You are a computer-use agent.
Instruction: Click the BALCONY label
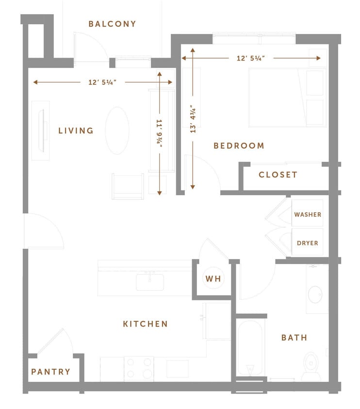tap(112, 24)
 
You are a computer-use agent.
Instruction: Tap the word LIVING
tap(76, 131)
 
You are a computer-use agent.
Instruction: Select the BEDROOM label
tap(239, 146)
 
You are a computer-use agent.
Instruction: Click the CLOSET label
tap(278, 175)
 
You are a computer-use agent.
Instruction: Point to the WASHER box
tap(308, 214)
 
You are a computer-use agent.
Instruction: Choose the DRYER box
tap(308, 243)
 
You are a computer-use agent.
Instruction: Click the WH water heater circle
tap(213, 279)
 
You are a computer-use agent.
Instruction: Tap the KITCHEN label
tap(145, 324)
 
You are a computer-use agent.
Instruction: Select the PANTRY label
tap(50, 372)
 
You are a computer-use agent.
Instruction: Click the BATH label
tap(294, 338)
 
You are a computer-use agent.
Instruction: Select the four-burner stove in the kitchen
tap(139, 368)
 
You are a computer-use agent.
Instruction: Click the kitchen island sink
tap(150, 282)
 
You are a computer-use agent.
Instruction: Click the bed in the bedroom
tap(286, 97)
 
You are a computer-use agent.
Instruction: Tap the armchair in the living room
tap(128, 186)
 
